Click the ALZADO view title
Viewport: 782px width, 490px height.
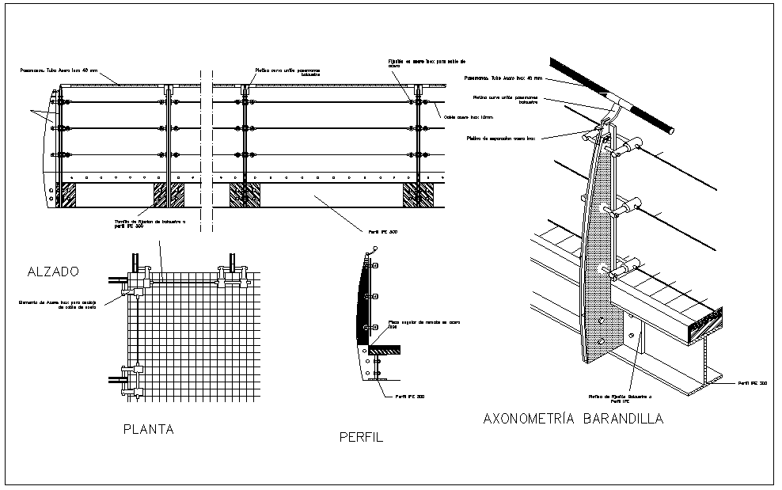(53, 272)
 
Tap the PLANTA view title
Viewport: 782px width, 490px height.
(148, 430)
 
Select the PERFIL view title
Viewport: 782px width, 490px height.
(361, 436)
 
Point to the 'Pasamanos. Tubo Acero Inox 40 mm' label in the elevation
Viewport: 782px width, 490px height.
(59, 70)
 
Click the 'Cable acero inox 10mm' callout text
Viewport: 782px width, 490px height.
(467, 118)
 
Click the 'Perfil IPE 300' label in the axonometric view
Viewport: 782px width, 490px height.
(752, 383)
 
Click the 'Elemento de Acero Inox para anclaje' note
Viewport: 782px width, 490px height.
(58, 304)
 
